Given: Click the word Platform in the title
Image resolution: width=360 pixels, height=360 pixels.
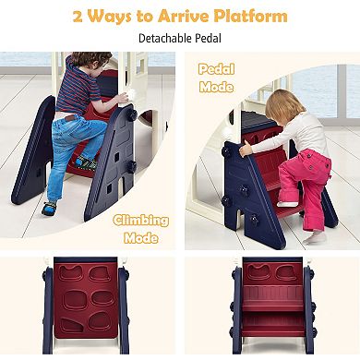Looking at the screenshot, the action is click(251, 17).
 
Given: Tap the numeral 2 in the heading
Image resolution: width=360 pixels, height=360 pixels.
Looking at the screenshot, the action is click(78, 18).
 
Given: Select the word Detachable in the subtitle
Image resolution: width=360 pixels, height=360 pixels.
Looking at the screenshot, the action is click(164, 39).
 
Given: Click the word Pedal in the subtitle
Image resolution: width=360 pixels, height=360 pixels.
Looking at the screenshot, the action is click(208, 39).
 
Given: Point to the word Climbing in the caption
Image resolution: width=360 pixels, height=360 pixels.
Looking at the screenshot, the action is click(141, 221).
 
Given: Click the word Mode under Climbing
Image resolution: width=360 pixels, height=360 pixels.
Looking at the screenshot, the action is click(141, 238).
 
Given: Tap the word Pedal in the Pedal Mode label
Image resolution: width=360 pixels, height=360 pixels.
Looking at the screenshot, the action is click(216, 69).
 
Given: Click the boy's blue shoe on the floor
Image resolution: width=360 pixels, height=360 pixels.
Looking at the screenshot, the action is click(49, 208).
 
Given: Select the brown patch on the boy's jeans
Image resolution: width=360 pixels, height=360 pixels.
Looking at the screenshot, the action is click(71, 118).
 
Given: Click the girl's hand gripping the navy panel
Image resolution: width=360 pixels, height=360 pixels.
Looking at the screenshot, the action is click(246, 150).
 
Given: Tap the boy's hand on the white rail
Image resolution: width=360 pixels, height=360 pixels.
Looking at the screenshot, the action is click(123, 98).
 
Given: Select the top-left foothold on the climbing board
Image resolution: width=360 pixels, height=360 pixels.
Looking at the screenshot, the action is click(70, 272).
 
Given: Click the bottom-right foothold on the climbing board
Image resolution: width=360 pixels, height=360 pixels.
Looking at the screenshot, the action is click(100, 321).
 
